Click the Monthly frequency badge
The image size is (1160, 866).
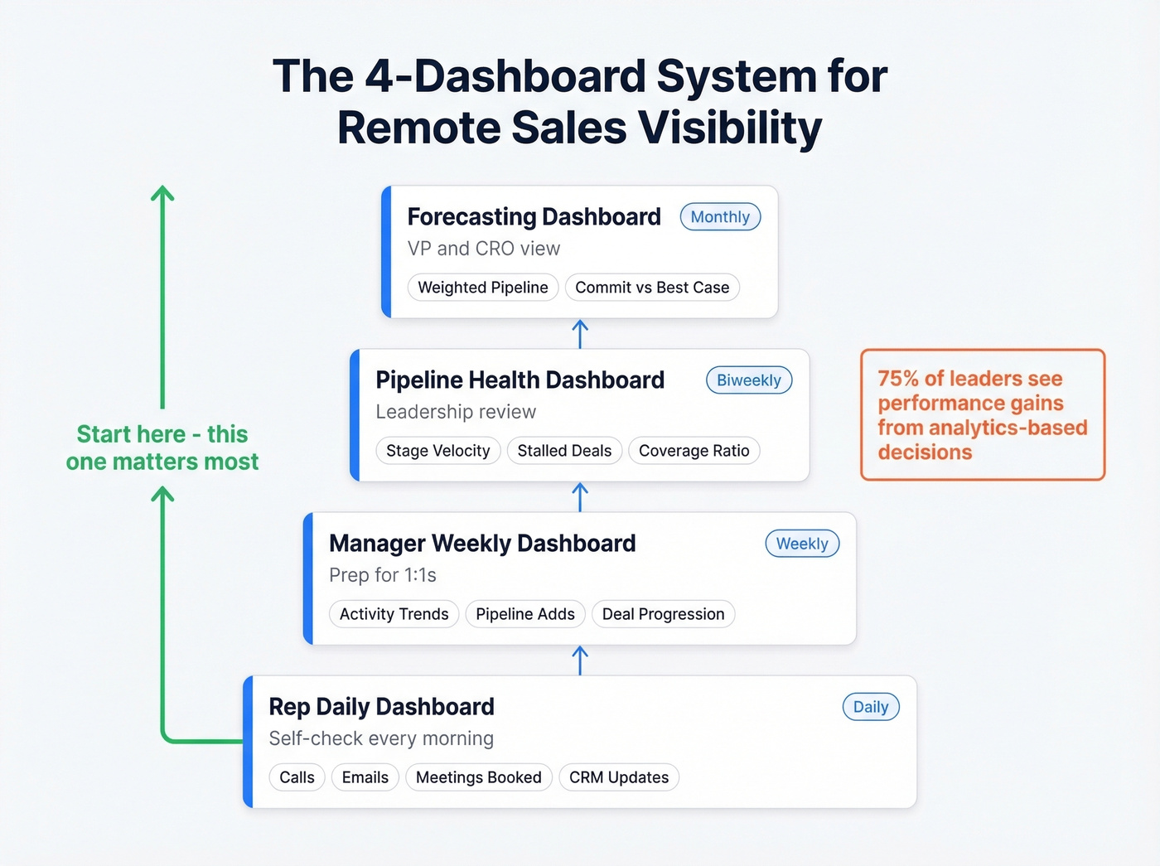coord(720,217)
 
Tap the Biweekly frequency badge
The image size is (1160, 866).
coord(749,380)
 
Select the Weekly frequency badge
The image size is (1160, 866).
coord(802,544)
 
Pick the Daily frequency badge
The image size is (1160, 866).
coord(871,707)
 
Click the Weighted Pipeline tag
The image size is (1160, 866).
coord(483,288)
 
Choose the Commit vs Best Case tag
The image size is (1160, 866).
coord(652,288)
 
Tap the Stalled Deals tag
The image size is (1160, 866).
coord(564,451)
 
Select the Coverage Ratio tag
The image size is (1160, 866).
coord(694,451)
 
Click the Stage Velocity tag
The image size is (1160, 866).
coord(437,451)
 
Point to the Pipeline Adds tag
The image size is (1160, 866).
coord(525,614)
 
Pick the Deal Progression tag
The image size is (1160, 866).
coord(663,614)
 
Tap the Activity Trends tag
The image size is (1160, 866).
coord(394,614)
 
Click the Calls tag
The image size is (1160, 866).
coord(297,777)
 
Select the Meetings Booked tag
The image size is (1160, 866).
coord(478,777)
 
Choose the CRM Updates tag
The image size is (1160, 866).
coord(619,777)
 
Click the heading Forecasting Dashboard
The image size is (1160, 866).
coord(534,217)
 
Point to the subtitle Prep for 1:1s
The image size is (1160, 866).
coord(382,575)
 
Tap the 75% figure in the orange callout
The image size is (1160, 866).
coord(898,379)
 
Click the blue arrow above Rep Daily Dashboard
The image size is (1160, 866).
coord(580,660)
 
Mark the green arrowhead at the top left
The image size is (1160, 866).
coord(162,194)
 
